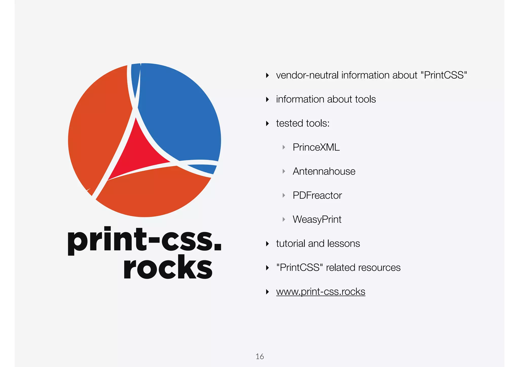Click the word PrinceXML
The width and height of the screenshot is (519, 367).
point(316,147)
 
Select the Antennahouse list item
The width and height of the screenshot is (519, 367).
point(324,171)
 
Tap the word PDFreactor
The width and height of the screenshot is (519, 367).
point(317,195)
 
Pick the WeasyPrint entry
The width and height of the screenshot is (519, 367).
point(317,219)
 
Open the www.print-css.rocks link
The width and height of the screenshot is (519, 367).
point(321,292)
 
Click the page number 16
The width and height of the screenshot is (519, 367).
point(260,356)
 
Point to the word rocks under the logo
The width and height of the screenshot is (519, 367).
point(168,267)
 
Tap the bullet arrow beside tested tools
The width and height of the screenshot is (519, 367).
point(267,123)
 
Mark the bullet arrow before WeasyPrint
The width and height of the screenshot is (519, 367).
point(284,219)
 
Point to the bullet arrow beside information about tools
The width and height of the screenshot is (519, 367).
point(267,99)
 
